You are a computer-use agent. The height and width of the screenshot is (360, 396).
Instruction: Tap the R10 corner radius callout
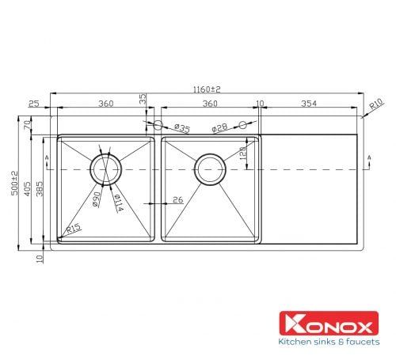pos(377,104)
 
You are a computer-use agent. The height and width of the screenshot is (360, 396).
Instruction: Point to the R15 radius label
pos(74,229)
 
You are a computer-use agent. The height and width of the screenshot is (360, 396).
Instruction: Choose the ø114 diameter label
pos(116,202)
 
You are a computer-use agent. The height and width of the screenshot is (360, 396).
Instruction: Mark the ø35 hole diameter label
pos(181,128)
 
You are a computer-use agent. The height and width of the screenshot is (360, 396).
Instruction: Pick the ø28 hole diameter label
pos(219,127)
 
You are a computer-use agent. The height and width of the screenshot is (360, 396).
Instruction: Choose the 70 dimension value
pos(26,125)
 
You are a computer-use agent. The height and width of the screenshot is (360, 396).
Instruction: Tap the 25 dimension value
pos(33,104)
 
